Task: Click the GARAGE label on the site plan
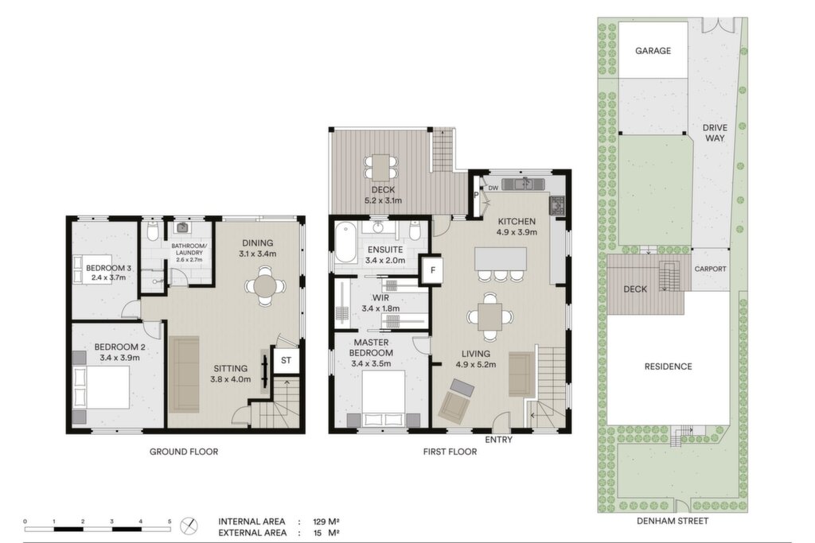point(653,51)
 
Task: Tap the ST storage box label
point(286,360)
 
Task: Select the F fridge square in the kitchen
point(432,270)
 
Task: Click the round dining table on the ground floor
point(265,285)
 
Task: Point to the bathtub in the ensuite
point(345,243)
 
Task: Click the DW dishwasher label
point(493,188)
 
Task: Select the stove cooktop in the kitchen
point(557,205)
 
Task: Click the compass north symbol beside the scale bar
point(189,526)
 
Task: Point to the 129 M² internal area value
point(326,522)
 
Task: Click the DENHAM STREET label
point(673,521)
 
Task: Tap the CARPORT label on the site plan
point(710,269)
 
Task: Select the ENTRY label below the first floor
point(498,440)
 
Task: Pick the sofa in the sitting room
point(184,374)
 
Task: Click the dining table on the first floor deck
point(381,167)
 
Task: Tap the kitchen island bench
point(501,258)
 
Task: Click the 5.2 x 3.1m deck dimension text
point(383,201)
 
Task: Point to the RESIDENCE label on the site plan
point(668,367)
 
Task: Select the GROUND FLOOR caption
point(184,452)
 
